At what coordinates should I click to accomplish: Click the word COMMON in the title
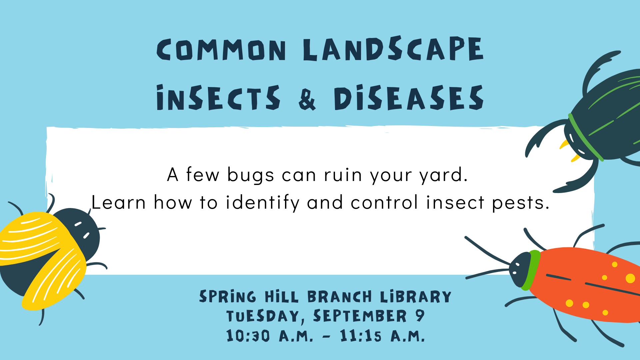click(221, 50)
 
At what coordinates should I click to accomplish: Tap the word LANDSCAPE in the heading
click(393, 49)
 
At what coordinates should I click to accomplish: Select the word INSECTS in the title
click(218, 97)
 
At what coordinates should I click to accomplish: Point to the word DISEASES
click(409, 97)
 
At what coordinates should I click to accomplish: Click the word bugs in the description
click(251, 175)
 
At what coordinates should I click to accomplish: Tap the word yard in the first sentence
click(444, 175)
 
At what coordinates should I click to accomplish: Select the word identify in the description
click(263, 203)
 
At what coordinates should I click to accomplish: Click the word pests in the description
click(521, 203)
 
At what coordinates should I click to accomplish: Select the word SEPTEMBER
click(360, 316)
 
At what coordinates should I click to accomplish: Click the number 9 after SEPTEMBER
click(420, 316)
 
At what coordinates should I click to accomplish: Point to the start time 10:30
click(248, 336)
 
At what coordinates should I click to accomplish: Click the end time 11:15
click(360, 336)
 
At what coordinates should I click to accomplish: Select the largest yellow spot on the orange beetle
click(630, 278)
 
